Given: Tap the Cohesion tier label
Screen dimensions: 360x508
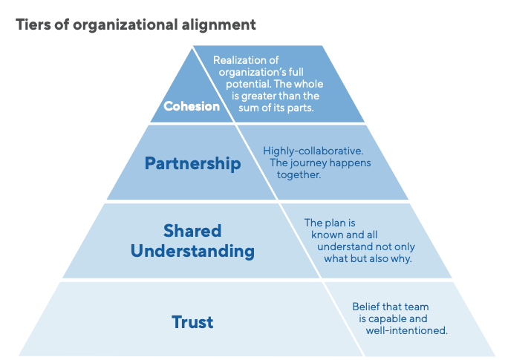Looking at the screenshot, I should tap(192, 106).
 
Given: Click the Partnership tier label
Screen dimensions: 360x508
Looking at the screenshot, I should tap(193, 163).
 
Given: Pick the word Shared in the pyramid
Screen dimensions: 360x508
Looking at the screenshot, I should tap(192, 230).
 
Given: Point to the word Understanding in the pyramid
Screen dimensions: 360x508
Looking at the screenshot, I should tap(192, 251).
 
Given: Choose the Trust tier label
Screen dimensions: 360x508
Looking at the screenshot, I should tap(192, 322).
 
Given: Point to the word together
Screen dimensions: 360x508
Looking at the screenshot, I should tap(299, 174).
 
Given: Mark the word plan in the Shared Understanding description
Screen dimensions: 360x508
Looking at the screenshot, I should tap(335, 223).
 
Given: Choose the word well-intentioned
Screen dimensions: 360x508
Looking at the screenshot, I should tap(406, 330).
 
